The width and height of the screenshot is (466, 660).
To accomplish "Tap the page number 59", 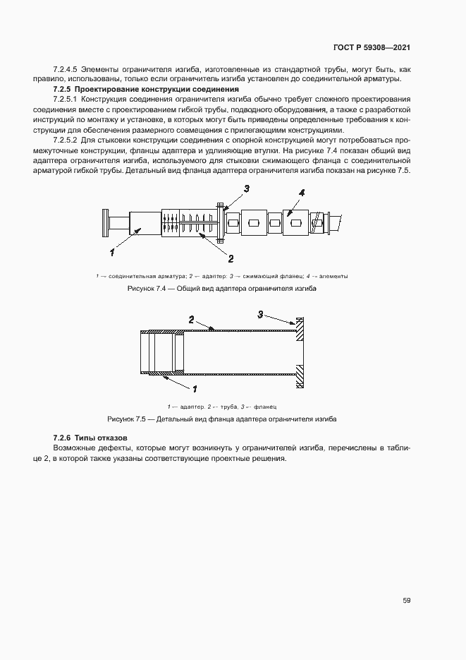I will pos(407,601).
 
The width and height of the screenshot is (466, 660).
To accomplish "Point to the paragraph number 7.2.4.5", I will pos(66,70).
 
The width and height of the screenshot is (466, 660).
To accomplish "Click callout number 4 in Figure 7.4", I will pos(301,192).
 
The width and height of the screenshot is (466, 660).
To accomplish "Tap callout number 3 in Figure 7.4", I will pos(247,188).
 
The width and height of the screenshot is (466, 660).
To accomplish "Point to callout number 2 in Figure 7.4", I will pos(230,258).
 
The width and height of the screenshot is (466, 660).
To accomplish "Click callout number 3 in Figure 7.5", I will pos(260,314).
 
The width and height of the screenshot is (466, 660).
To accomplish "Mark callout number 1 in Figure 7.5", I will pos(195,388).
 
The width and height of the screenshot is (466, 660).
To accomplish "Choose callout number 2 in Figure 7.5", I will pos(191,320).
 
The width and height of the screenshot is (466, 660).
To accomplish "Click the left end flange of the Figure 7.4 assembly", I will pos(106,224).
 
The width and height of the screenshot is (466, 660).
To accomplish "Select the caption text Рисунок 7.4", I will pos(145,289).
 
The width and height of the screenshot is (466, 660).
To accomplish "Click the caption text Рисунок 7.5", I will pos(125,419).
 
